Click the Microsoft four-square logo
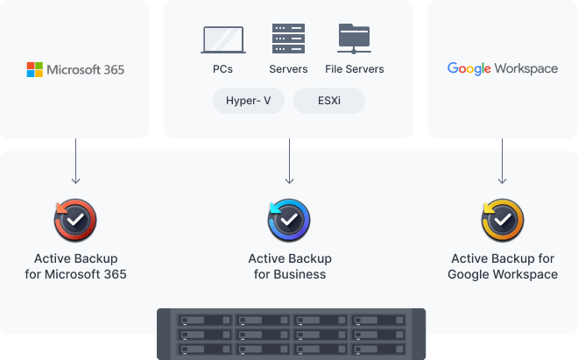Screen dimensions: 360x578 coord(35,69)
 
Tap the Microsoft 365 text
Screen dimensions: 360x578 coord(86,69)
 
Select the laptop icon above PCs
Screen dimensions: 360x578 coord(222,39)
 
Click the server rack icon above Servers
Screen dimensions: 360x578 coord(288,39)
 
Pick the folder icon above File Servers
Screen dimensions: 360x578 coord(355,39)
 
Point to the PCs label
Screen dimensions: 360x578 coord(222,69)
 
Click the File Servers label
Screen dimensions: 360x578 coord(354,69)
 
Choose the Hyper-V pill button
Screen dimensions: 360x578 coord(249,101)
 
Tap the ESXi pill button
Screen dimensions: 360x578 coord(328,101)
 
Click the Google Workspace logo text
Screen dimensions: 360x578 coord(502,68)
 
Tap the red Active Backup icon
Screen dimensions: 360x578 coord(75,220)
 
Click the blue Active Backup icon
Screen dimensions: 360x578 coord(289,220)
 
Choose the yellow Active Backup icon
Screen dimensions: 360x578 coord(503,220)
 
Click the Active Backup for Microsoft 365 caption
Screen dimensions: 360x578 coord(75,266)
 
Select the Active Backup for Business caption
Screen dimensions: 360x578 coord(289,266)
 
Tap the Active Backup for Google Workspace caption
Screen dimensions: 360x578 coord(503,266)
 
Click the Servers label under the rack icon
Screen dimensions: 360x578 coord(288,69)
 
